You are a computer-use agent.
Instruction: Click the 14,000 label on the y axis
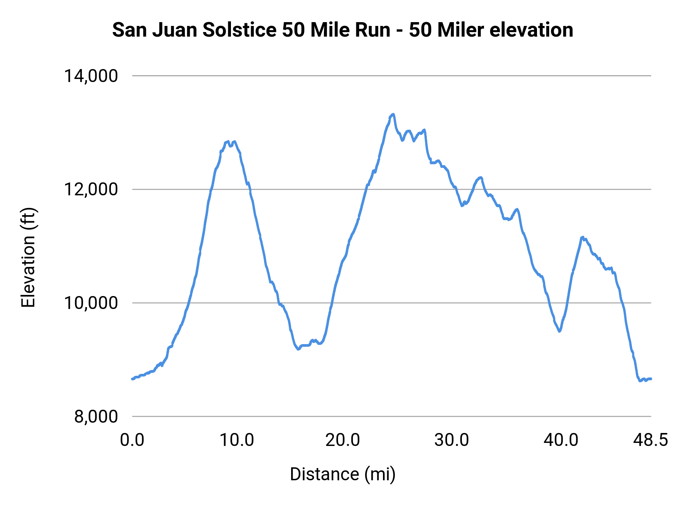(x=91, y=76)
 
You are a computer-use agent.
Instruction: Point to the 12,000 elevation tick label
(x=91, y=189)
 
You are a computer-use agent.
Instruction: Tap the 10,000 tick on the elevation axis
(x=91, y=303)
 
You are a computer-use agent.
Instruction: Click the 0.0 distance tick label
(x=132, y=440)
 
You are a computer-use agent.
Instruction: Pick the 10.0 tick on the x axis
(x=237, y=440)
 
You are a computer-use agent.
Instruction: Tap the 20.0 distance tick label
(x=343, y=440)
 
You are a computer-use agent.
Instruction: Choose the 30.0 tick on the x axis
(x=452, y=440)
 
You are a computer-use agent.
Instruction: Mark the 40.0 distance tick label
(x=561, y=440)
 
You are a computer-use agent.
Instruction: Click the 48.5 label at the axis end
(x=651, y=440)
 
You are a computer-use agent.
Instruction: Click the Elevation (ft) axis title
(x=28, y=257)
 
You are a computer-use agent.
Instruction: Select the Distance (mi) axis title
(x=343, y=474)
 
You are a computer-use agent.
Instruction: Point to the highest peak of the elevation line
(x=393, y=114)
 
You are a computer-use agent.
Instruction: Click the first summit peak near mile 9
(x=228, y=142)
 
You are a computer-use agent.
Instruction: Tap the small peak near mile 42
(x=582, y=237)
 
